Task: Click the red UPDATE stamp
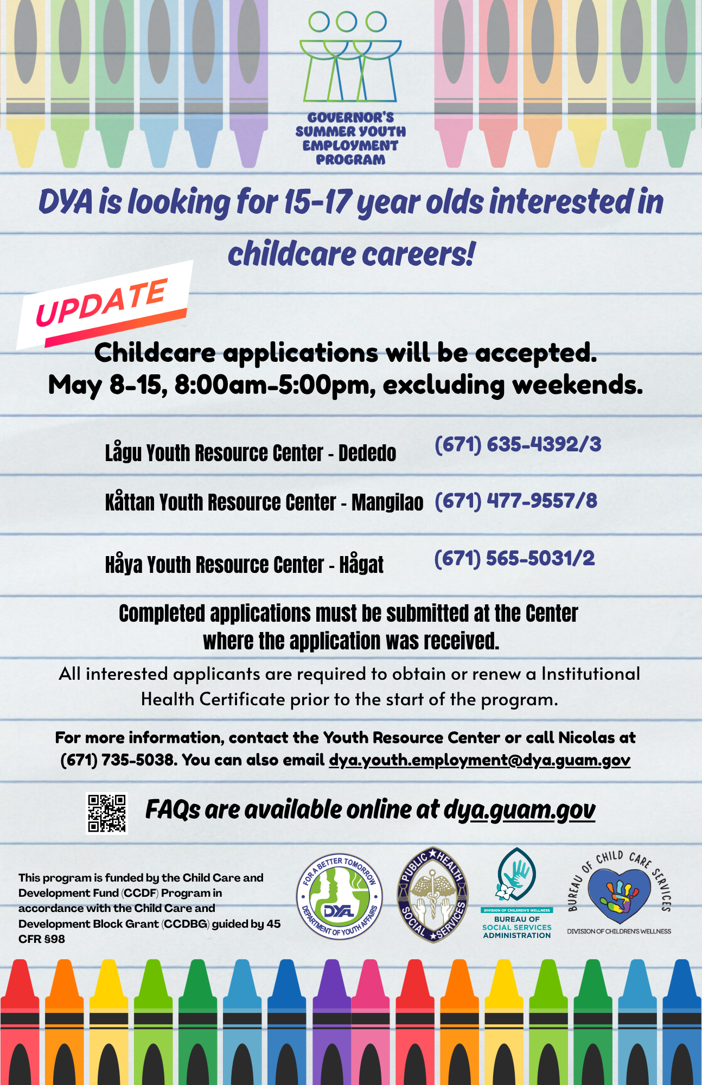[103, 305]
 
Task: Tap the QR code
[107, 813]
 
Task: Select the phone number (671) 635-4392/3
[518, 444]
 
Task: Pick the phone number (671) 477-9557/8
[516, 501]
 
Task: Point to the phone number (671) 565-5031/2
[514, 558]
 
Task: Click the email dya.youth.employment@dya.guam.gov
[480, 761]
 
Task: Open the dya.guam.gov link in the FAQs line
[519, 810]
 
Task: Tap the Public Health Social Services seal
[433, 895]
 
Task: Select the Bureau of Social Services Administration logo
[517, 893]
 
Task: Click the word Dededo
[367, 453]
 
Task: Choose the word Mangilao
[387, 502]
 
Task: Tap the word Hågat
[361, 564]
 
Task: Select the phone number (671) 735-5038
[119, 761]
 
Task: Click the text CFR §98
[42, 939]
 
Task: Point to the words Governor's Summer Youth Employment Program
[350, 138]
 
